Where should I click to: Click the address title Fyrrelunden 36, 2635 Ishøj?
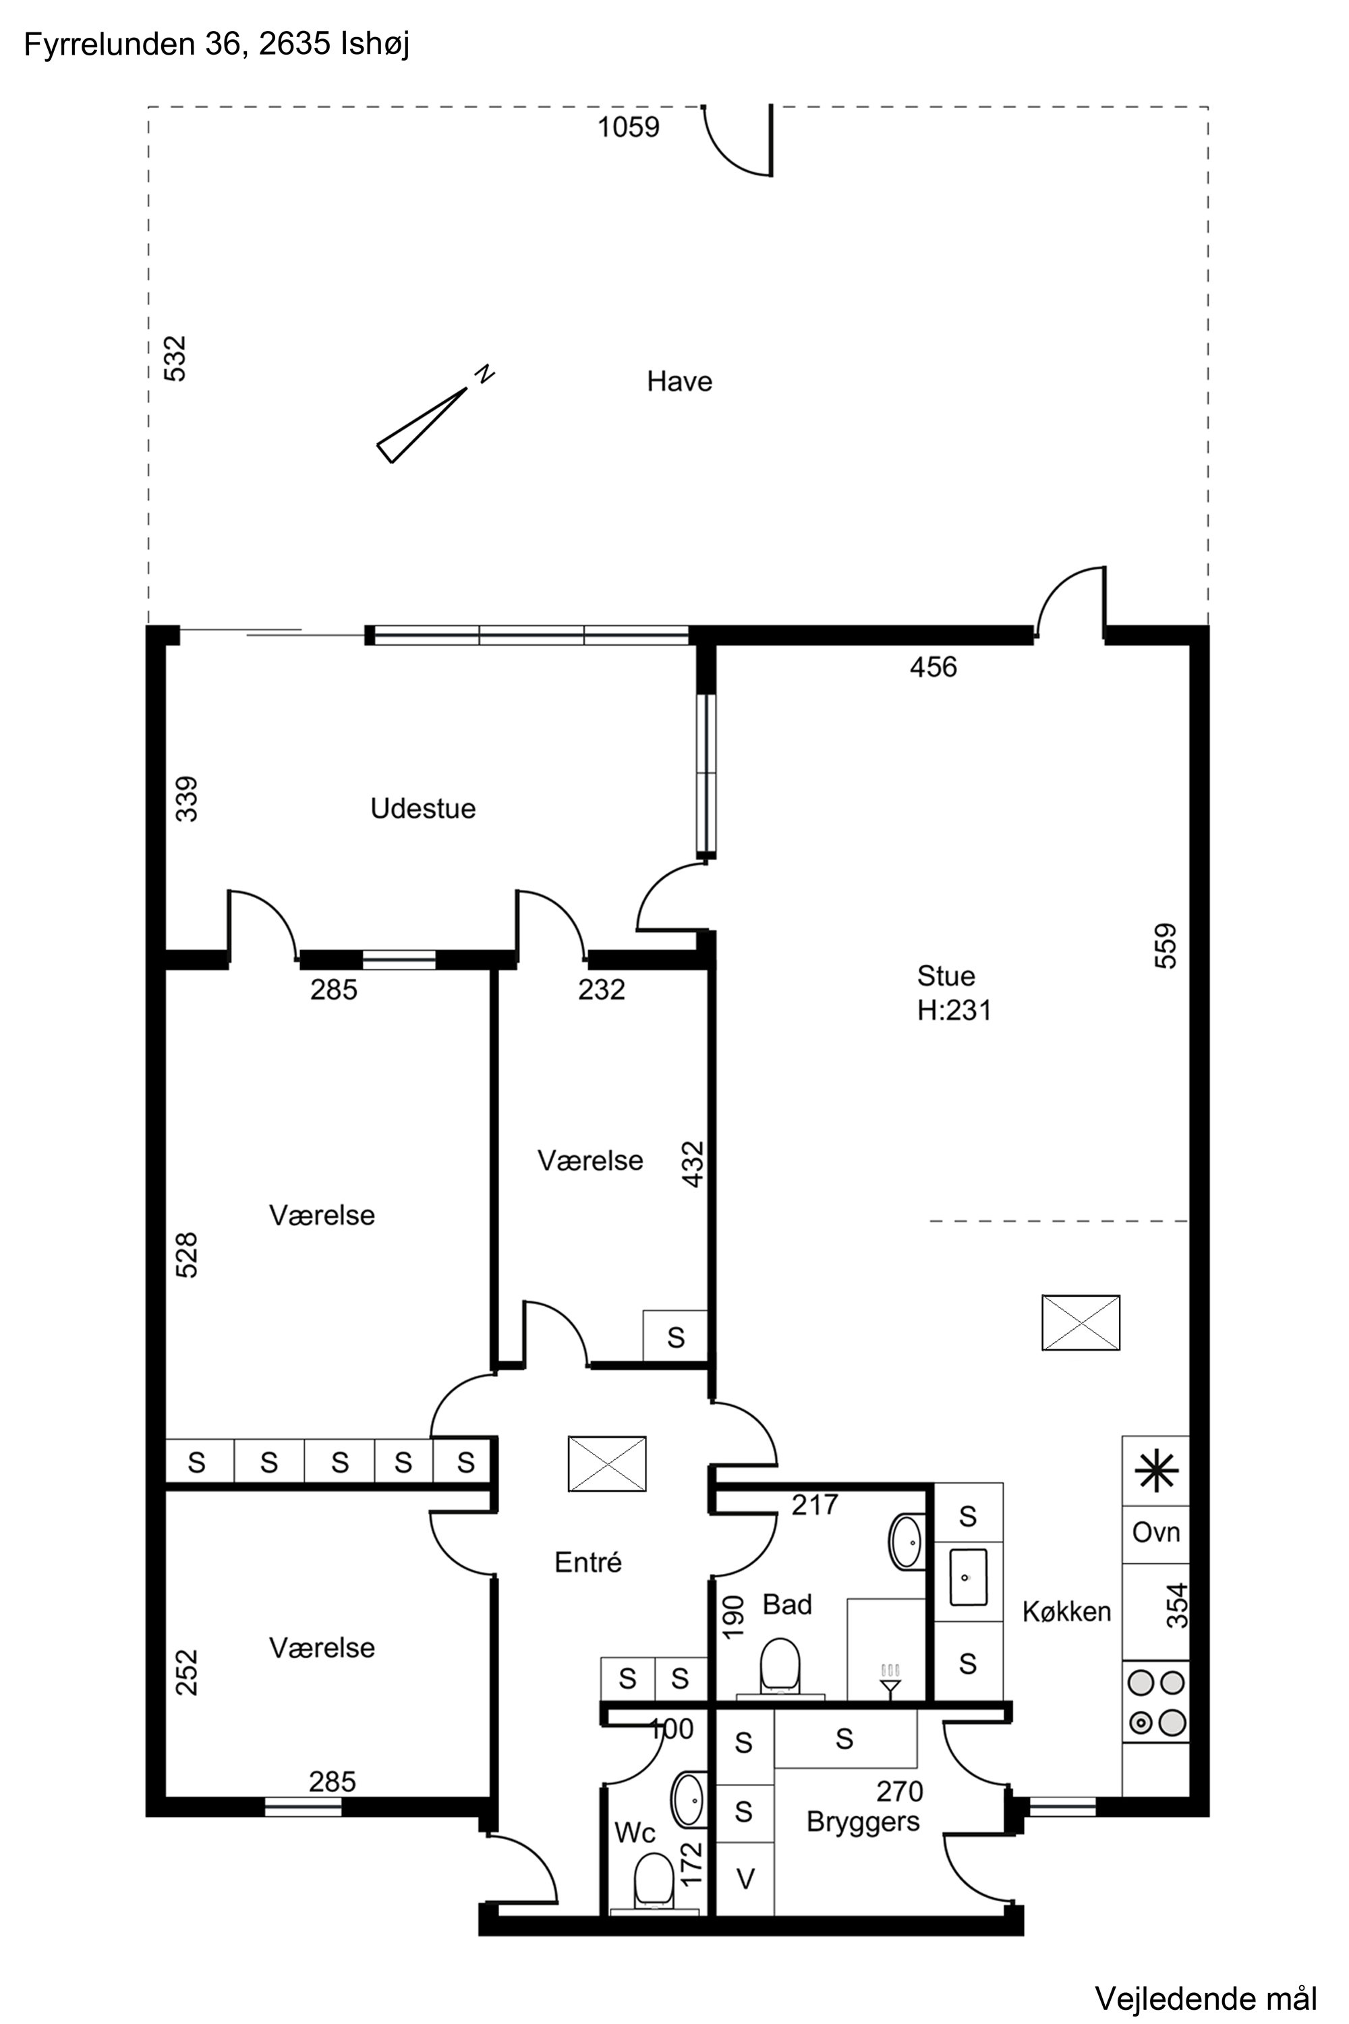(x=217, y=45)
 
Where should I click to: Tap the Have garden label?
(x=680, y=381)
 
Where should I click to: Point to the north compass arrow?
(x=422, y=425)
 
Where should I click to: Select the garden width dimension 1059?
(x=629, y=128)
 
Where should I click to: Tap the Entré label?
(x=587, y=1562)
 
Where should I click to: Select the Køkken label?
(x=1067, y=1611)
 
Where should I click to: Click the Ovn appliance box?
(x=1156, y=1533)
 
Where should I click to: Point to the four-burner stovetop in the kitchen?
(x=1156, y=1703)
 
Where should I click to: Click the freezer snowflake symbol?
(x=1156, y=1471)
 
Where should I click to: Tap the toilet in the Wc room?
(x=654, y=1880)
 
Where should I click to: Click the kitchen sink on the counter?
(x=968, y=1577)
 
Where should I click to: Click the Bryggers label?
(x=863, y=1823)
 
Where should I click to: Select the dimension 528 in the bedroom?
(x=187, y=1255)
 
